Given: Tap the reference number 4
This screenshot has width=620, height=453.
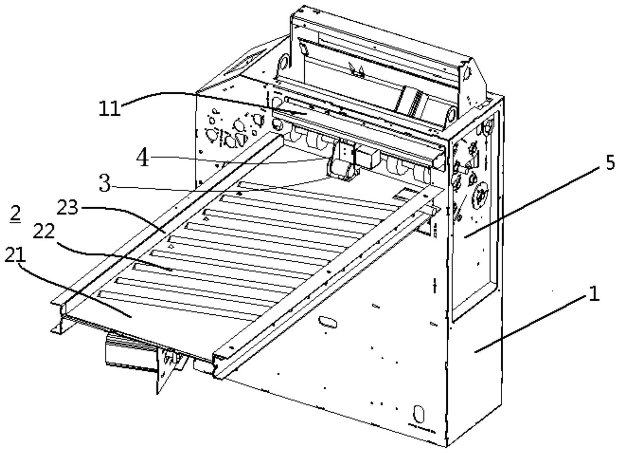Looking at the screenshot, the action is [143, 158].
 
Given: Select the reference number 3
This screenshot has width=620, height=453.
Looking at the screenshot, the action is [105, 183].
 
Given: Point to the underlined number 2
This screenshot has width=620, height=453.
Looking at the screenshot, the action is [15, 215].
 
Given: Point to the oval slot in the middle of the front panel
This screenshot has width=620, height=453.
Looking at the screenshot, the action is [328, 322].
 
